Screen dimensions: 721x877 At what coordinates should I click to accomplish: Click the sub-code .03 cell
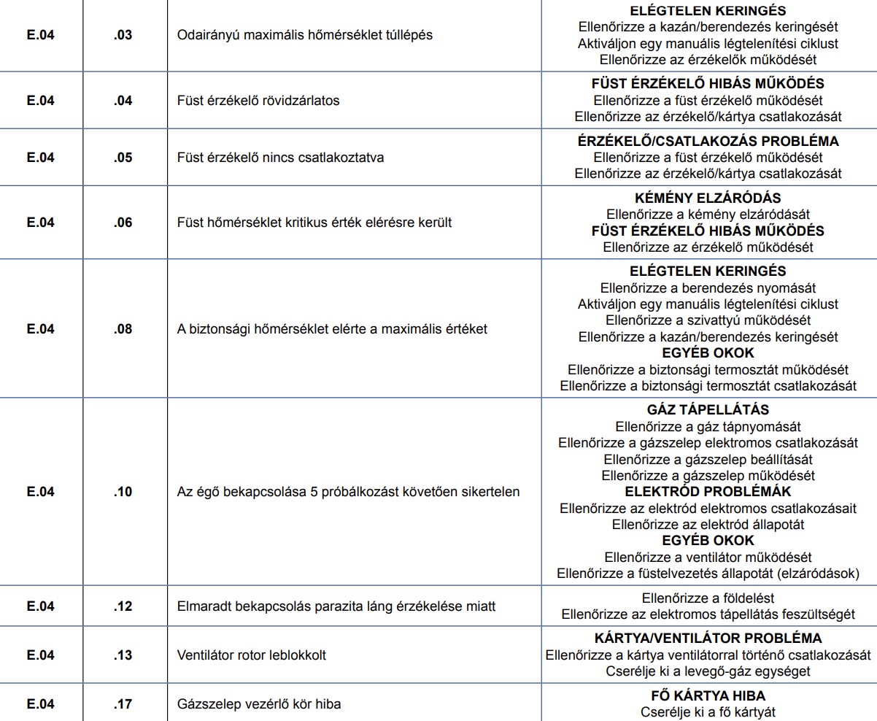pos(123,35)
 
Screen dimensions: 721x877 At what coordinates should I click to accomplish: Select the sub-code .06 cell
pos(123,223)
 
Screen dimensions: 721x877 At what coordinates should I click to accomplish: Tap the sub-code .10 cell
pos(123,491)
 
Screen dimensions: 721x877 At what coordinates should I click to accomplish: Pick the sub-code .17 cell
pos(123,704)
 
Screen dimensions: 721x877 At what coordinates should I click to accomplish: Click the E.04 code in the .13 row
pos(41,655)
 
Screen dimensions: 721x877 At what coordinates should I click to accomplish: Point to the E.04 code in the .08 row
pos(41,329)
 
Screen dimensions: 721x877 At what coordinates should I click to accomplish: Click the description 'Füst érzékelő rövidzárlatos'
pos(258,101)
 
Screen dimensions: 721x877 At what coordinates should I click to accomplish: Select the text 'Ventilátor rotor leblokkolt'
pos(252,655)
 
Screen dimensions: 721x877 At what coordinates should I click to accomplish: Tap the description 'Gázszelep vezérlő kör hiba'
pos(259,704)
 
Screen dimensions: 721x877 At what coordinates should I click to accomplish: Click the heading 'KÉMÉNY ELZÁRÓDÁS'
pos(708,198)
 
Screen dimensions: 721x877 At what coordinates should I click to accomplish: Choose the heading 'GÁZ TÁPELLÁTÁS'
pos(708,410)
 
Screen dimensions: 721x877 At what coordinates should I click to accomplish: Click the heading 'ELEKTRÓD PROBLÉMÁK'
pos(708,492)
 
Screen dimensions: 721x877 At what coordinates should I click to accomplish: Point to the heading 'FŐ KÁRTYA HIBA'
pos(708,696)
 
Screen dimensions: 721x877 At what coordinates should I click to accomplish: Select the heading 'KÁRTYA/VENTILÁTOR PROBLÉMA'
pos(708,638)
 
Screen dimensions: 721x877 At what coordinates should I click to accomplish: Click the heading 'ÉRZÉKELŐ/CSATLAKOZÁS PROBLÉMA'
pos(708,142)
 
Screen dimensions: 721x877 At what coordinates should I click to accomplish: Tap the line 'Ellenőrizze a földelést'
pos(708,598)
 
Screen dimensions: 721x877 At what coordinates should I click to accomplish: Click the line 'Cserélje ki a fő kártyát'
pos(708,712)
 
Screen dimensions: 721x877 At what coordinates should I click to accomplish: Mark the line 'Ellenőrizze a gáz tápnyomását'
pos(708,426)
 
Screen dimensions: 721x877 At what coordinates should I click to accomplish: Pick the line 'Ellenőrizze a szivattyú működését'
pos(708,320)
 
